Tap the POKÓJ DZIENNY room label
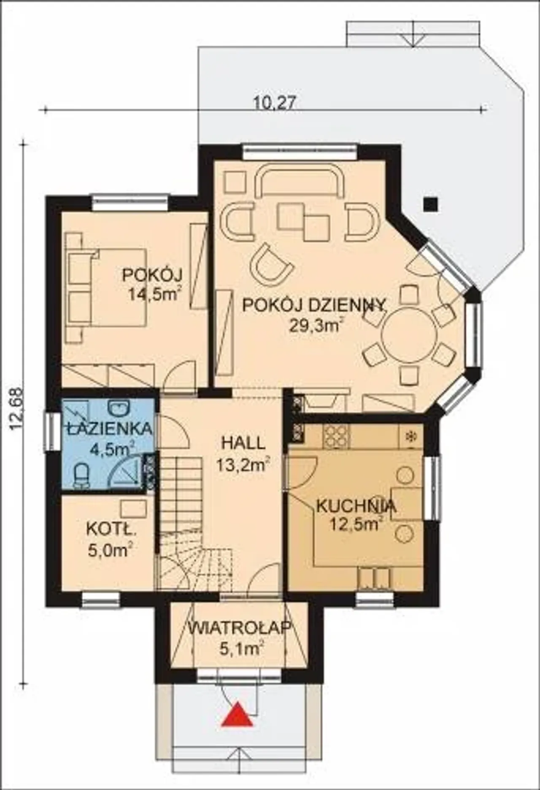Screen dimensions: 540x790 click(x=314, y=305)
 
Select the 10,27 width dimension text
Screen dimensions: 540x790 click(x=274, y=103)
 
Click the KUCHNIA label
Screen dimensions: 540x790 click(x=356, y=506)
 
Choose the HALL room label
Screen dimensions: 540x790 click(x=243, y=443)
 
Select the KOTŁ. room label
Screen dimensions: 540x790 click(x=111, y=528)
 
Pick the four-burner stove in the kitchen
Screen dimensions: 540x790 click(x=336, y=436)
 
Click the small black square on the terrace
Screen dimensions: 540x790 click(x=430, y=205)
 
